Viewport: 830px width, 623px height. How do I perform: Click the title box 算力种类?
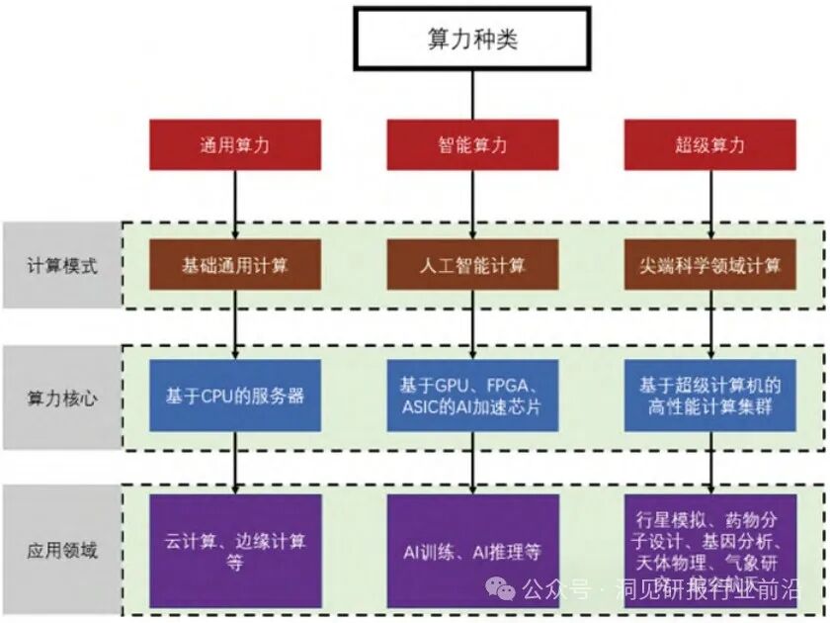click(x=471, y=39)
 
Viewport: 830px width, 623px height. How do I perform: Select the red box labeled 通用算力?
click(x=235, y=144)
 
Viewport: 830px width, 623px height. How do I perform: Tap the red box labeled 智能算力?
click(x=472, y=144)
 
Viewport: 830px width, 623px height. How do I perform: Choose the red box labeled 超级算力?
click(x=709, y=144)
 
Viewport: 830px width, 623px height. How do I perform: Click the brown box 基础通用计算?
click(x=235, y=265)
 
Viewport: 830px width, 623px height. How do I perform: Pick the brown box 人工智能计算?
click(x=472, y=265)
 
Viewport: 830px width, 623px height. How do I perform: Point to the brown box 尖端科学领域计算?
click(x=709, y=265)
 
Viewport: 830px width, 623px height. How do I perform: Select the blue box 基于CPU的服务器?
click(x=235, y=396)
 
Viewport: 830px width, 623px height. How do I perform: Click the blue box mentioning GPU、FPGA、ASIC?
click(x=472, y=396)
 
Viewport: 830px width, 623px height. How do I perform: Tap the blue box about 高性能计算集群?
click(x=709, y=396)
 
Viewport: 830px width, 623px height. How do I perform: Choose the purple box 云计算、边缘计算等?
click(x=235, y=551)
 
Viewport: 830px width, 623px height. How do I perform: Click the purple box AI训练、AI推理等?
click(x=472, y=551)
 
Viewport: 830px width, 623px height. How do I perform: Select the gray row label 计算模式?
click(x=61, y=265)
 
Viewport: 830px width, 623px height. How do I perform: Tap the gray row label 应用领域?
click(x=61, y=550)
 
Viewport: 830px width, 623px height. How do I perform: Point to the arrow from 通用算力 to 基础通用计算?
click(x=235, y=204)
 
